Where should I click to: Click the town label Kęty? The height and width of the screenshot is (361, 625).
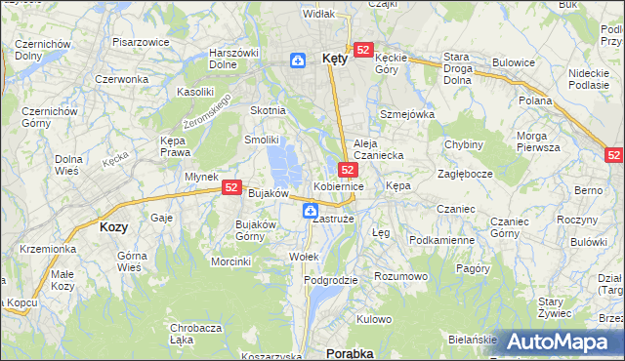click(x=333, y=59)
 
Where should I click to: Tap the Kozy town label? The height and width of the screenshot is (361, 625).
click(x=113, y=225)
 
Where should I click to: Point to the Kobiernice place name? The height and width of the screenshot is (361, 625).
click(x=339, y=185)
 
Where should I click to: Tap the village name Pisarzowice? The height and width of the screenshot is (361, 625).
click(x=142, y=43)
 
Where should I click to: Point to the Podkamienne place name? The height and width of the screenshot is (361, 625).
click(x=441, y=239)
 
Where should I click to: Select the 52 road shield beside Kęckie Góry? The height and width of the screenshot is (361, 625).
click(x=363, y=49)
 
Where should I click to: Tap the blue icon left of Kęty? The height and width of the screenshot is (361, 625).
click(x=297, y=61)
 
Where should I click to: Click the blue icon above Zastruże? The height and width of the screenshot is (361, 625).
click(x=310, y=210)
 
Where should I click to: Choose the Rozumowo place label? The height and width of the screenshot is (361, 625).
click(x=402, y=276)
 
